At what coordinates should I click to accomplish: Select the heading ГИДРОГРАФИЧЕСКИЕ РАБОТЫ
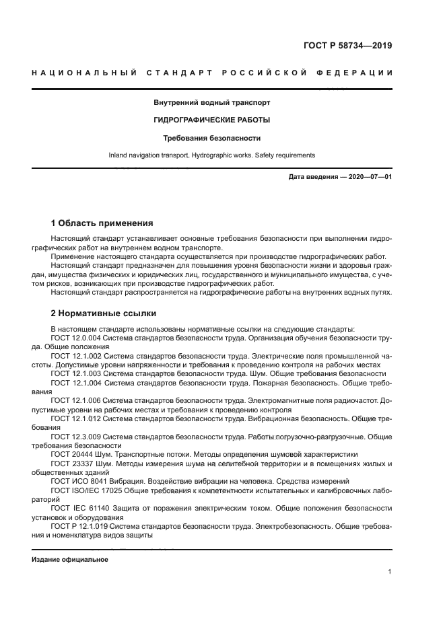pos(212,120)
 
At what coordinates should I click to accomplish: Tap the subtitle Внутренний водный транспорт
pos(212,103)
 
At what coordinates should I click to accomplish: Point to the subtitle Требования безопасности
pos(212,137)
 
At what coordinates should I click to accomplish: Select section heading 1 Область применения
pos(102,223)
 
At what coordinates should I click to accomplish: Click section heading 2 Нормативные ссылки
pos(103,313)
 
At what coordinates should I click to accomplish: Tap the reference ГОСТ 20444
pos(68,454)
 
